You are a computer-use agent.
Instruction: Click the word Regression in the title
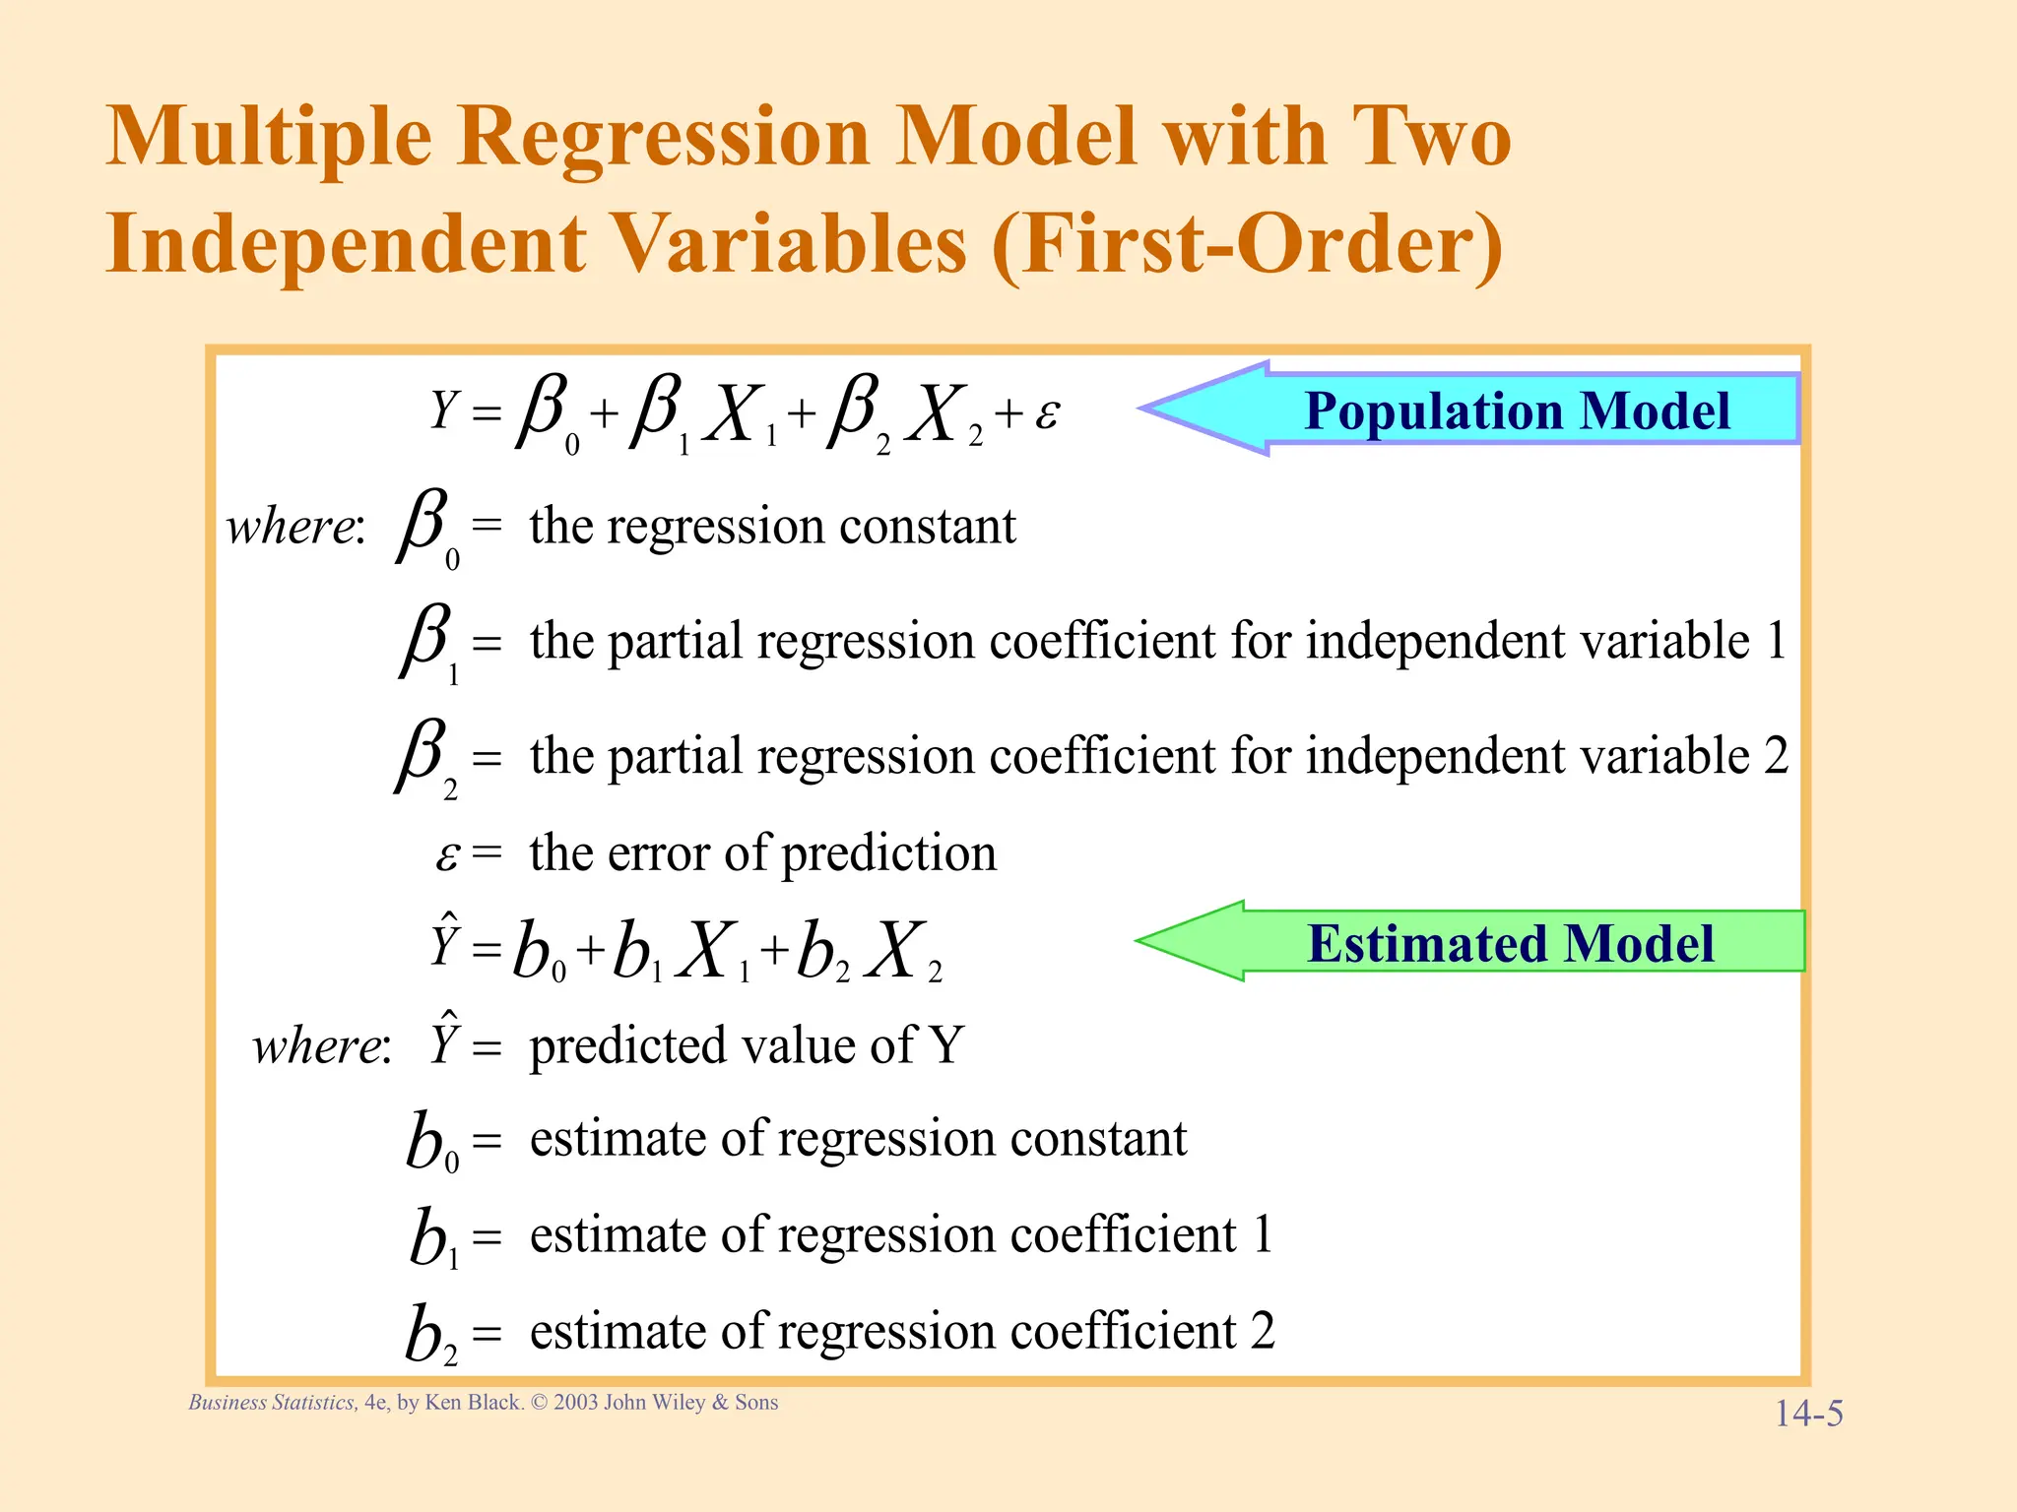(663, 138)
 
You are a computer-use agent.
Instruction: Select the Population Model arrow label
(1517, 410)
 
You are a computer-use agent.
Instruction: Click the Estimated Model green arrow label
(1510, 943)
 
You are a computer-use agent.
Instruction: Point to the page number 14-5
(1808, 1414)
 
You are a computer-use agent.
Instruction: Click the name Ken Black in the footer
(472, 1403)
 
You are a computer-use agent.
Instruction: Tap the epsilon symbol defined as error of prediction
(447, 855)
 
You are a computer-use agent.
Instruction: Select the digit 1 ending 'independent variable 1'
(1776, 641)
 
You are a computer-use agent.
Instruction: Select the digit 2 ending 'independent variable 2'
(1776, 756)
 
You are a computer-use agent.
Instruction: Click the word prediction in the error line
(888, 853)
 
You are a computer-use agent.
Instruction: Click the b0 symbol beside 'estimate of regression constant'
(431, 1142)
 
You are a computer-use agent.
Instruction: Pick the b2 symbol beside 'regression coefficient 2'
(431, 1335)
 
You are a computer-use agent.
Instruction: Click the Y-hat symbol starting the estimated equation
(445, 941)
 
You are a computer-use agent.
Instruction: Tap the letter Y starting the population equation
(444, 410)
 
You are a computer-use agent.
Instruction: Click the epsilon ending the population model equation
(1047, 414)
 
